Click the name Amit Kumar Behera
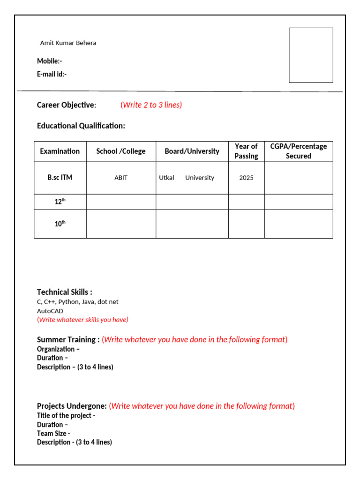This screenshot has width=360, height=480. click(x=68, y=43)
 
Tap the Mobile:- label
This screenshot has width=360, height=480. click(x=49, y=61)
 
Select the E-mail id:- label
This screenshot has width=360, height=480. click(x=52, y=74)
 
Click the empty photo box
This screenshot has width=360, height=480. click(x=311, y=55)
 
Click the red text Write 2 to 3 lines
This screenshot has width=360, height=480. click(x=151, y=105)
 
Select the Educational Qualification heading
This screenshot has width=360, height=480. click(x=81, y=126)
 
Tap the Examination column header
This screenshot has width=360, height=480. click(x=60, y=151)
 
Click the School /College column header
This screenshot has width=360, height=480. click(x=121, y=151)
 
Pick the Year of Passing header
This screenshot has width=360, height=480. click(x=246, y=151)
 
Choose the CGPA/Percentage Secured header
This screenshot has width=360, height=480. click(x=299, y=151)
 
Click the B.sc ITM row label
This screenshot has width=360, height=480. click(x=60, y=178)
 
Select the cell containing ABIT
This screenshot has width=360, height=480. click(x=121, y=178)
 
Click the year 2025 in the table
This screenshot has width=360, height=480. click(x=246, y=178)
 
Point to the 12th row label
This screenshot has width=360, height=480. click(x=60, y=202)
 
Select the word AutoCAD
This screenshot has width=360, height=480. click(x=50, y=311)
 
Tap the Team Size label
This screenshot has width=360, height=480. click(x=53, y=434)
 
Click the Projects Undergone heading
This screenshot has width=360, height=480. click(x=72, y=406)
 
